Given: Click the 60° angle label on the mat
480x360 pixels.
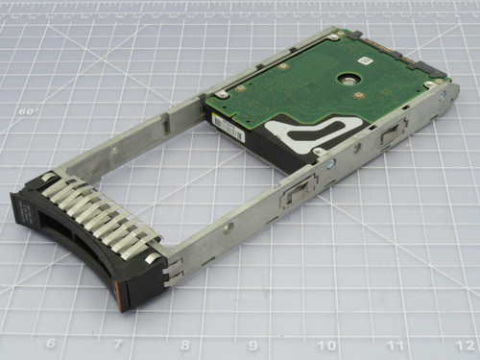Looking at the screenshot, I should [28, 110].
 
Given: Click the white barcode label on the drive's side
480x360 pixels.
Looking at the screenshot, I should [225, 125].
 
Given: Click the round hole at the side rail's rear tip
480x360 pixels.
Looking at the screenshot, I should [440, 96].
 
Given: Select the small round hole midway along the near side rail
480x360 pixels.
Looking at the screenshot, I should [229, 227].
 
